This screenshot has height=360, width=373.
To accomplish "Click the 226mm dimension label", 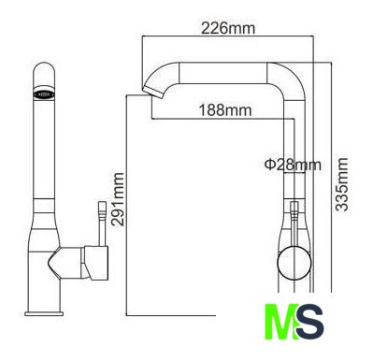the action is point(228,28).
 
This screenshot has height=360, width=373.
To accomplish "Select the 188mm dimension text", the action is point(225,109).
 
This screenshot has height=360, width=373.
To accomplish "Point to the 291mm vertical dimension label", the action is point(119,199).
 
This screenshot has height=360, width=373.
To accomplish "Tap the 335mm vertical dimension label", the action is point(342,184).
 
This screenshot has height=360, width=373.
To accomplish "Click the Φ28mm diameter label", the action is point(293,165).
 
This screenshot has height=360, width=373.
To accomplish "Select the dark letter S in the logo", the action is point(310,322).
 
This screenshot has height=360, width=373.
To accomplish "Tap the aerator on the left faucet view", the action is point(44,94).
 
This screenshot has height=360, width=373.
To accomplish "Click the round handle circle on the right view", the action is point(294,263).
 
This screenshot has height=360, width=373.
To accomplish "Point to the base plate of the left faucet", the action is point(44,313).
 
